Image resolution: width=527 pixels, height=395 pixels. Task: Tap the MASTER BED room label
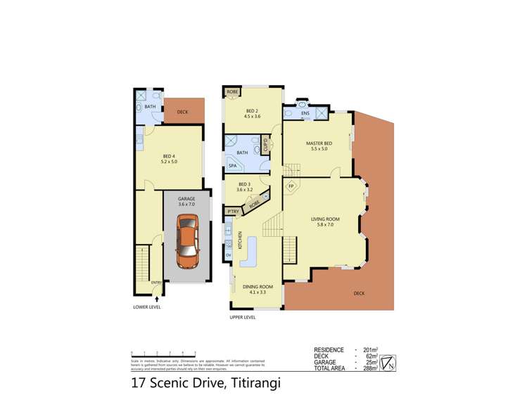(x=319, y=144)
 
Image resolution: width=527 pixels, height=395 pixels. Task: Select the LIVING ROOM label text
(x=326, y=219)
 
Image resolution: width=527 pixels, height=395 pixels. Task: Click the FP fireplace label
(x=291, y=187)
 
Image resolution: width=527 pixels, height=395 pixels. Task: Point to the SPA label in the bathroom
(x=231, y=166)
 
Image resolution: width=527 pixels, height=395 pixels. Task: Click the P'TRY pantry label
(x=231, y=211)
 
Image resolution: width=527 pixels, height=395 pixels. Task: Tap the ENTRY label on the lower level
(x=156, y=283)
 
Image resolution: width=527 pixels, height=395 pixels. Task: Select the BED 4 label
(x=169, y=156)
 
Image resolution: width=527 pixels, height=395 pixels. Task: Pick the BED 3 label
(x=243, y=184)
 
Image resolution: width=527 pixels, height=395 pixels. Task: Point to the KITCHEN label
(x=241, y=240)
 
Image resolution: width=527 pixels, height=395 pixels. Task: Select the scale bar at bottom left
(x=163, y=353)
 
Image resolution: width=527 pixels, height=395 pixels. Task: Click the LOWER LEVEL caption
(x=147, y=307)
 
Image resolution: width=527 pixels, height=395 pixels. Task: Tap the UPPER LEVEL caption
(x=242, y=317)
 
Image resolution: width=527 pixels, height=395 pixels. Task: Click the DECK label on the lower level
(x=182, y=112)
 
